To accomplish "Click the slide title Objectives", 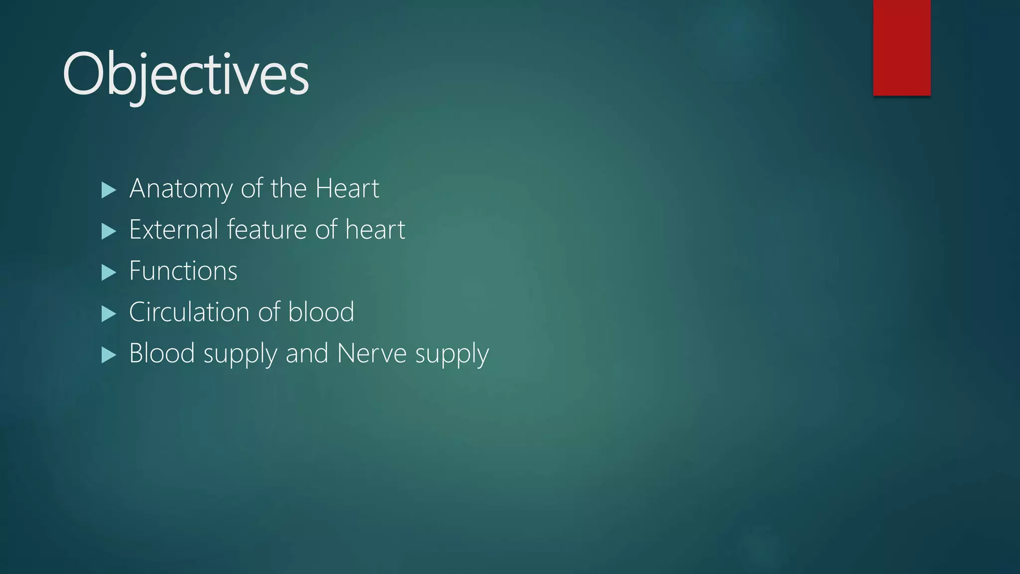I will coord(186,75).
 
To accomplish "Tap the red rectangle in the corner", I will coord(901,48).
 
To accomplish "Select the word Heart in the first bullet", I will coord(347,189).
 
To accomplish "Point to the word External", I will coord(174,230).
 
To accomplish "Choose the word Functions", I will coord(183,271).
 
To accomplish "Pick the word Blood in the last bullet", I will coord(162,354).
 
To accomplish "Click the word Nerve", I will coord(372,354).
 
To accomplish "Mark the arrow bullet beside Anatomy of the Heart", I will coord(109,190).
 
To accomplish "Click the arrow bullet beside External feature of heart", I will coord(109,231).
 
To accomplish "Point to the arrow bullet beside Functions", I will coord(109,273).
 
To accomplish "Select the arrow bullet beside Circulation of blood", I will coord(109,314).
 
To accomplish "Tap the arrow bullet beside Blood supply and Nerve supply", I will coord(109,355).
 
